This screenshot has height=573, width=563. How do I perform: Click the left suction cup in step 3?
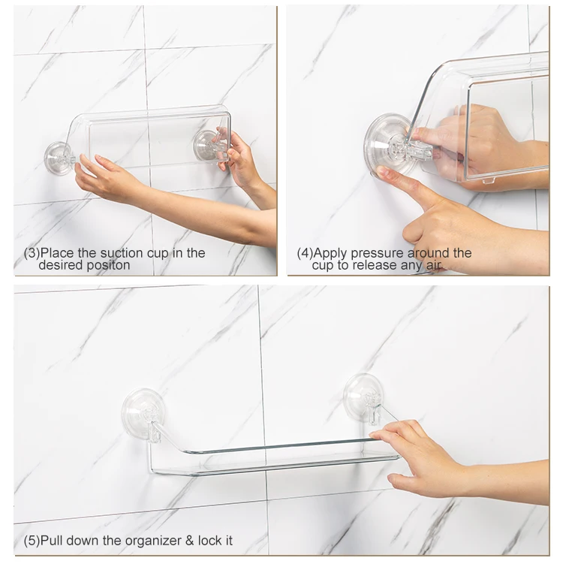coord(59,158)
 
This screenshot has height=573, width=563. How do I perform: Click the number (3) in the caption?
coord(32,253)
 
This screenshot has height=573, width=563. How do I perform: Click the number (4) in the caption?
coord(305,253)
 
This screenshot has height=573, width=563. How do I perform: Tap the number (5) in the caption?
coord(32,541)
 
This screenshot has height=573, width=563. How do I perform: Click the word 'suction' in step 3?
coord(122,253)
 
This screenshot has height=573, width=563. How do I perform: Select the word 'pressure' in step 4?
coord(378,253)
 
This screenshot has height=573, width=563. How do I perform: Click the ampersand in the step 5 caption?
coord(190,541)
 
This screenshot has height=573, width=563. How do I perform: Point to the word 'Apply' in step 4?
coord(330,253)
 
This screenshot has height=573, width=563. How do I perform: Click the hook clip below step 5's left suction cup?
coord(154,432)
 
